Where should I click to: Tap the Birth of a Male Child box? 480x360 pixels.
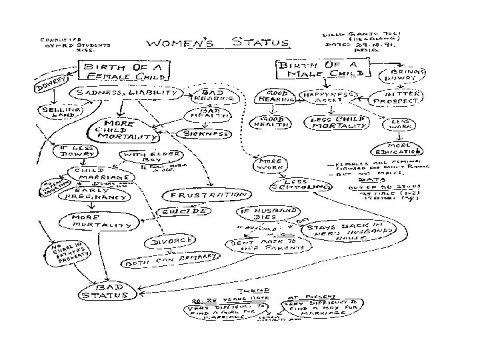(319, 69)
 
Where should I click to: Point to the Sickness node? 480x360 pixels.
(207, 133)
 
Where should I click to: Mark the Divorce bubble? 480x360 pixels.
(172, 241)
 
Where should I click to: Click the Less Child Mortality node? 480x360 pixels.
(329, 123)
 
